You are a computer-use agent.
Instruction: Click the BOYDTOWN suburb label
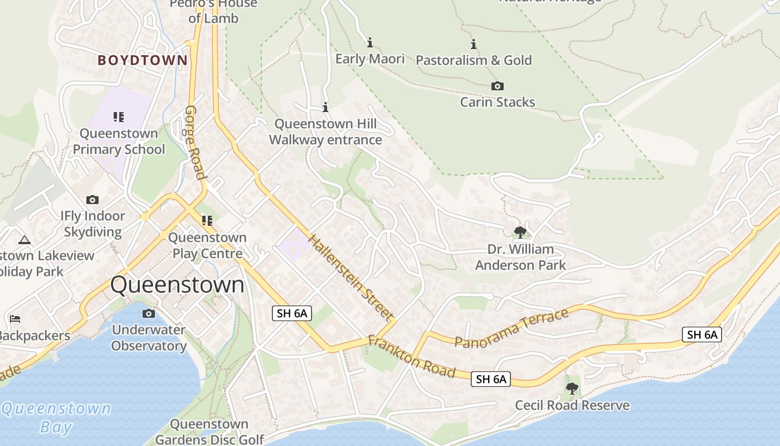(x=143, y=60)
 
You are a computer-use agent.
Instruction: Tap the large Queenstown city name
(x=177, y=284)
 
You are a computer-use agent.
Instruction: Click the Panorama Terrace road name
(x=511, y=328)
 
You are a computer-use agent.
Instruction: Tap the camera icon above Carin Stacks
(x=498, y=86)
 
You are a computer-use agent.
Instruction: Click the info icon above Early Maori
(x=369, y=42)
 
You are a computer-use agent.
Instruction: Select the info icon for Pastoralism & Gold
(x=474, y=44)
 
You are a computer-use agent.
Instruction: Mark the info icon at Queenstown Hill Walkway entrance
(x=325, y=107)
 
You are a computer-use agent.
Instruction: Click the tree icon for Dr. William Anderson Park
(x=520, y=232)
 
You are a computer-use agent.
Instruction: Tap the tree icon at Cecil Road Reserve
(x=572, y=389)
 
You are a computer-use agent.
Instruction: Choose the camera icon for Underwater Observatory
(x=148, y=313)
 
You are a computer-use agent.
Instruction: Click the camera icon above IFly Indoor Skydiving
(x=92, y=200)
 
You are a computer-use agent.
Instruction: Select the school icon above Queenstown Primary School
(x=118, y=117)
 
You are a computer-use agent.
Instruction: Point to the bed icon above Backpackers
(x=15, y=319)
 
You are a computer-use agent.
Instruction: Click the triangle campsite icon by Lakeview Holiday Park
(x=24, y=240)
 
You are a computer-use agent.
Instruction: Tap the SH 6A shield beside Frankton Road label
(x=491, y=379)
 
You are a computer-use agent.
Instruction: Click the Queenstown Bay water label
(x=56, y=418)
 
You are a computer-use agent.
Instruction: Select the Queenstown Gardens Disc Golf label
(x=209, y=432)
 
